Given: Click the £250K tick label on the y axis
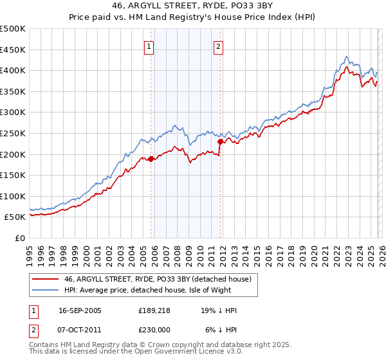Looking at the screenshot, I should (13, 133).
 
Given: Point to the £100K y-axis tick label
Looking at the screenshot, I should (13, 196).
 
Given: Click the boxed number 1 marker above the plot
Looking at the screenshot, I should (149, 46).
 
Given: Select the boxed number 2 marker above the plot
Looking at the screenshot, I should (219, 46).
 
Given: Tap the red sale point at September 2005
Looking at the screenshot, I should (151, 158).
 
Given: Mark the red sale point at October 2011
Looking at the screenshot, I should (220, 141).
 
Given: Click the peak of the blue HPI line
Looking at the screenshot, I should (347, 57).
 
